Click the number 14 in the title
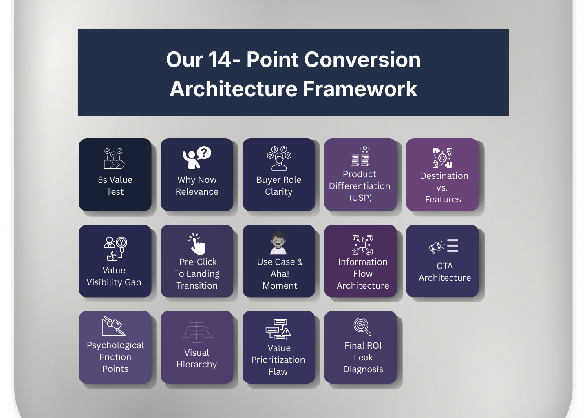click(220, 60)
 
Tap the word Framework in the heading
click(360, 89)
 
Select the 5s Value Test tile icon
click(115, 158)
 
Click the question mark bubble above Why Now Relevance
click(204, 153)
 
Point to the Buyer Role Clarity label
click(279, 186)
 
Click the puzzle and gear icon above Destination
click(442, 158)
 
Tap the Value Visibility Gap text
click(114, 276)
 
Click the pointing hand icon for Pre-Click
click(198, 244)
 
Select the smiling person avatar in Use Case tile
click(279, 243)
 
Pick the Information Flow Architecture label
click(363, 273)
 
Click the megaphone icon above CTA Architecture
click(437, 247)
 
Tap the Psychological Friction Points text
click(115, 357)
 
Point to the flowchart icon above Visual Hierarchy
click(197, 331)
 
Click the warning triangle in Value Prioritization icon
click(286, 332)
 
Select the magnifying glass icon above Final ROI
click(362, 327)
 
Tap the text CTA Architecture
click(445, 272)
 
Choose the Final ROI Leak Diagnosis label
click(363, 357)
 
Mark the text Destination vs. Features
click(444, 187)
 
